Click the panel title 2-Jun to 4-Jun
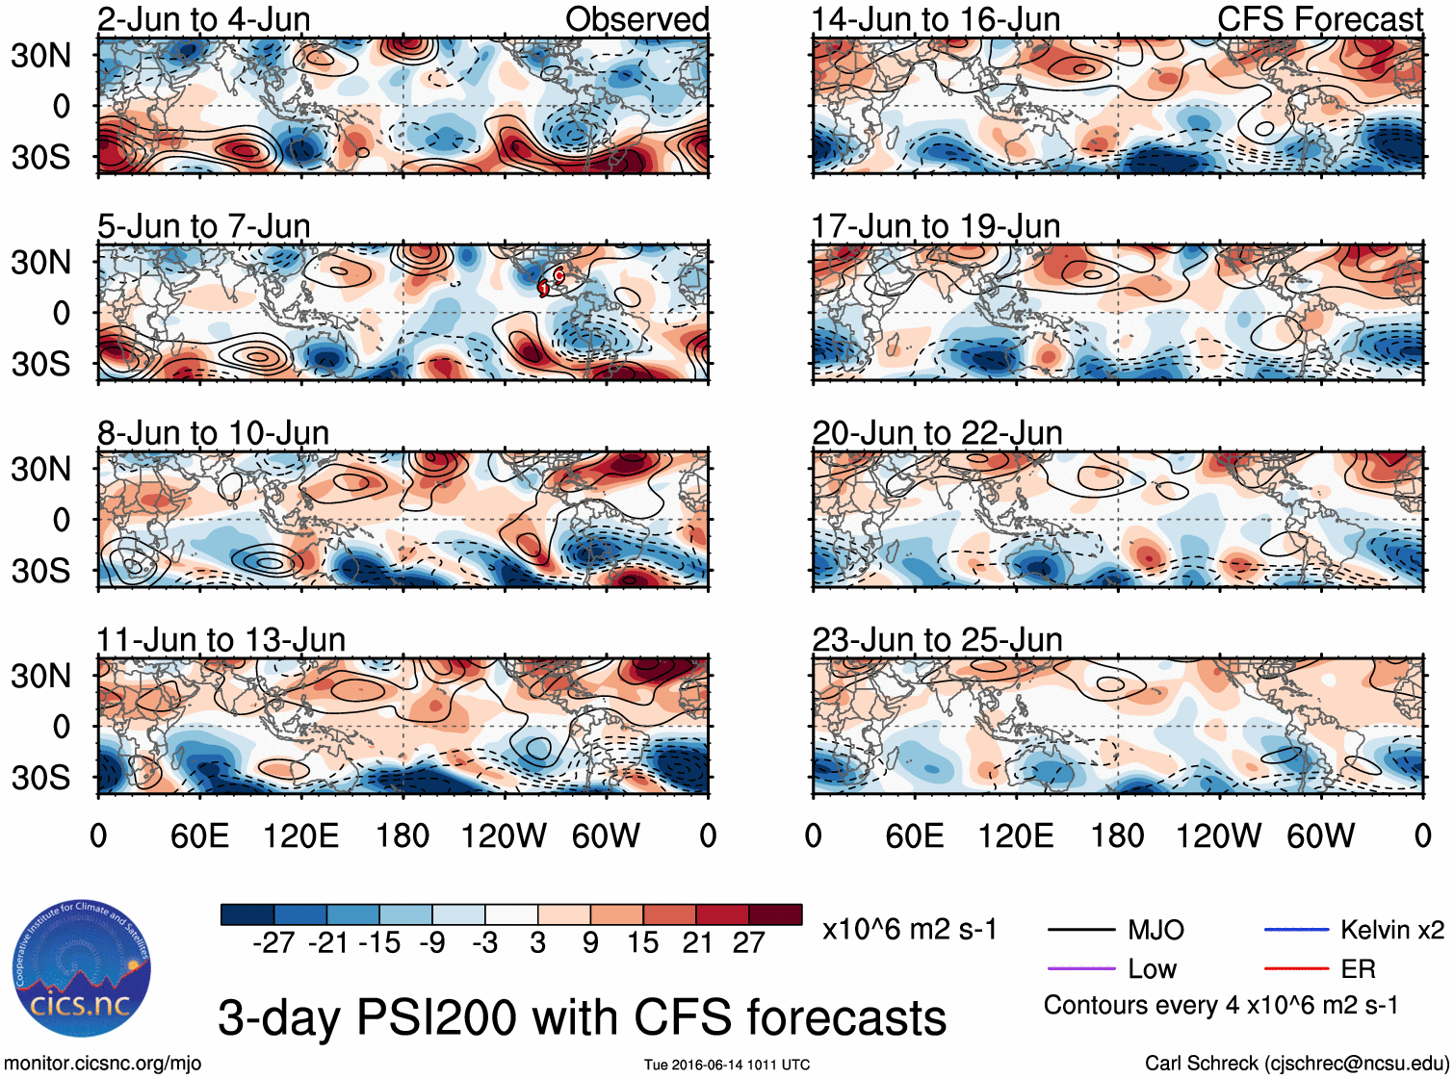(x=203, y=19)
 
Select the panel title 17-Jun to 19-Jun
(x=936, y=226)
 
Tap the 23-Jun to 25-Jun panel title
(x=937, y=640)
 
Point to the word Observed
(x=636, y=19)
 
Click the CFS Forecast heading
(x=1319, y=19)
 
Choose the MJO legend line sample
(x=1080, y=930)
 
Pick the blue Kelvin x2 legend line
(x=1296, y=930)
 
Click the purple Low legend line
(x=1080, y=968)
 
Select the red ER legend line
(x=1296, y=968)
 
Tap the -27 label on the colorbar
(x=273, y=943)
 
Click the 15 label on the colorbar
(x=643, y=943)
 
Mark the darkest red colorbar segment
(x=775, y=914)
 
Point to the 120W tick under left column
(x=504, y=836)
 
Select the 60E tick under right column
(x=914, y=836)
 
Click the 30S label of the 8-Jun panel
(x=40, y=571)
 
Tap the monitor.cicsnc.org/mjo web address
(x=103, y=1064)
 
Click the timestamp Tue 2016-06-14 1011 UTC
(x=727, y=1065)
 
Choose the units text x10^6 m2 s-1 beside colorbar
(x=909, y=930)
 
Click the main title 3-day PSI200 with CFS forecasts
(x=582, y=1017)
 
